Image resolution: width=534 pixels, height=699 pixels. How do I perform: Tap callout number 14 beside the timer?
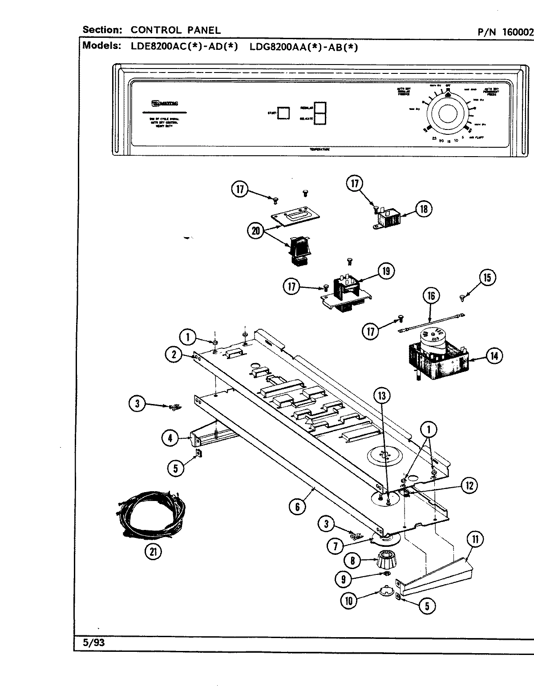494,356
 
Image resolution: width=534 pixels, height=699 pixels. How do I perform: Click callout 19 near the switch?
386,271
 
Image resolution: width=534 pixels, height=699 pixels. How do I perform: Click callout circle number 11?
475,540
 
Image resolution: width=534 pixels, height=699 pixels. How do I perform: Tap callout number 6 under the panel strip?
297,507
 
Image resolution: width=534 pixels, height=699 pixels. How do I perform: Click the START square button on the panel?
283,113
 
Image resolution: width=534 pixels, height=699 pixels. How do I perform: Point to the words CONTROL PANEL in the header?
175,30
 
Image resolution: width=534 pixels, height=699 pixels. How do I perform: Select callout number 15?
487,277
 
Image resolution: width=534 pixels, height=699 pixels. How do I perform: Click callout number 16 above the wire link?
431,295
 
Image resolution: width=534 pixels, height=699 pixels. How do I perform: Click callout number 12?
469,485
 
